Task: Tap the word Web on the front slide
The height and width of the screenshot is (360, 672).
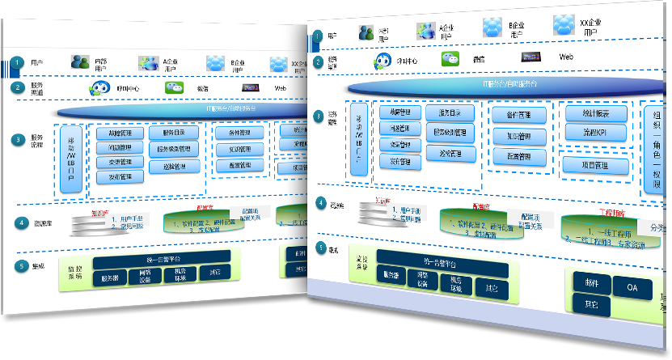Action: [x=566, y=58]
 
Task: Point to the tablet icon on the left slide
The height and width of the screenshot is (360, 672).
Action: [x=250, y=87]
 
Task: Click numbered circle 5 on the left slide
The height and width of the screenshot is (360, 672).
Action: [x=19, y=265]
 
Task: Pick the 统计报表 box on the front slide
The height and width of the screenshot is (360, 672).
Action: [x=606, y=114]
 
